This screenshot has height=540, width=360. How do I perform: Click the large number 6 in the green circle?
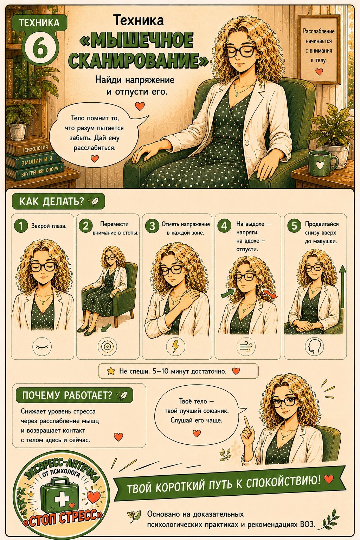[40, 47]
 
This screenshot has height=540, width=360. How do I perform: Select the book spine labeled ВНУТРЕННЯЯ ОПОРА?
[36, 172]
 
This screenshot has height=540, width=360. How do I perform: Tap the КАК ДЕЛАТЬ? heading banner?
[58, 201]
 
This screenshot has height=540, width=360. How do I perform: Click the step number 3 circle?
[152, 226]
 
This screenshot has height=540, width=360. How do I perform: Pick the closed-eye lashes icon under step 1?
[42, 347]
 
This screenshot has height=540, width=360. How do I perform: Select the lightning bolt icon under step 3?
[175, 346]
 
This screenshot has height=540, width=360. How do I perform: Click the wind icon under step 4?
[246, 347]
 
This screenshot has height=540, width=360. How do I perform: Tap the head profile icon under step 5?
[314, 346]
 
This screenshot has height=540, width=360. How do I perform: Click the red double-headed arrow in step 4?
[270, 294]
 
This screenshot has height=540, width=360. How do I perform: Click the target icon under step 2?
[107, 347]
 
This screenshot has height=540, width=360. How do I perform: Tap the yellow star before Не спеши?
[111, 371]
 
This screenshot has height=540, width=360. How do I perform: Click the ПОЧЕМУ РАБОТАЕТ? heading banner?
[74, 396]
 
